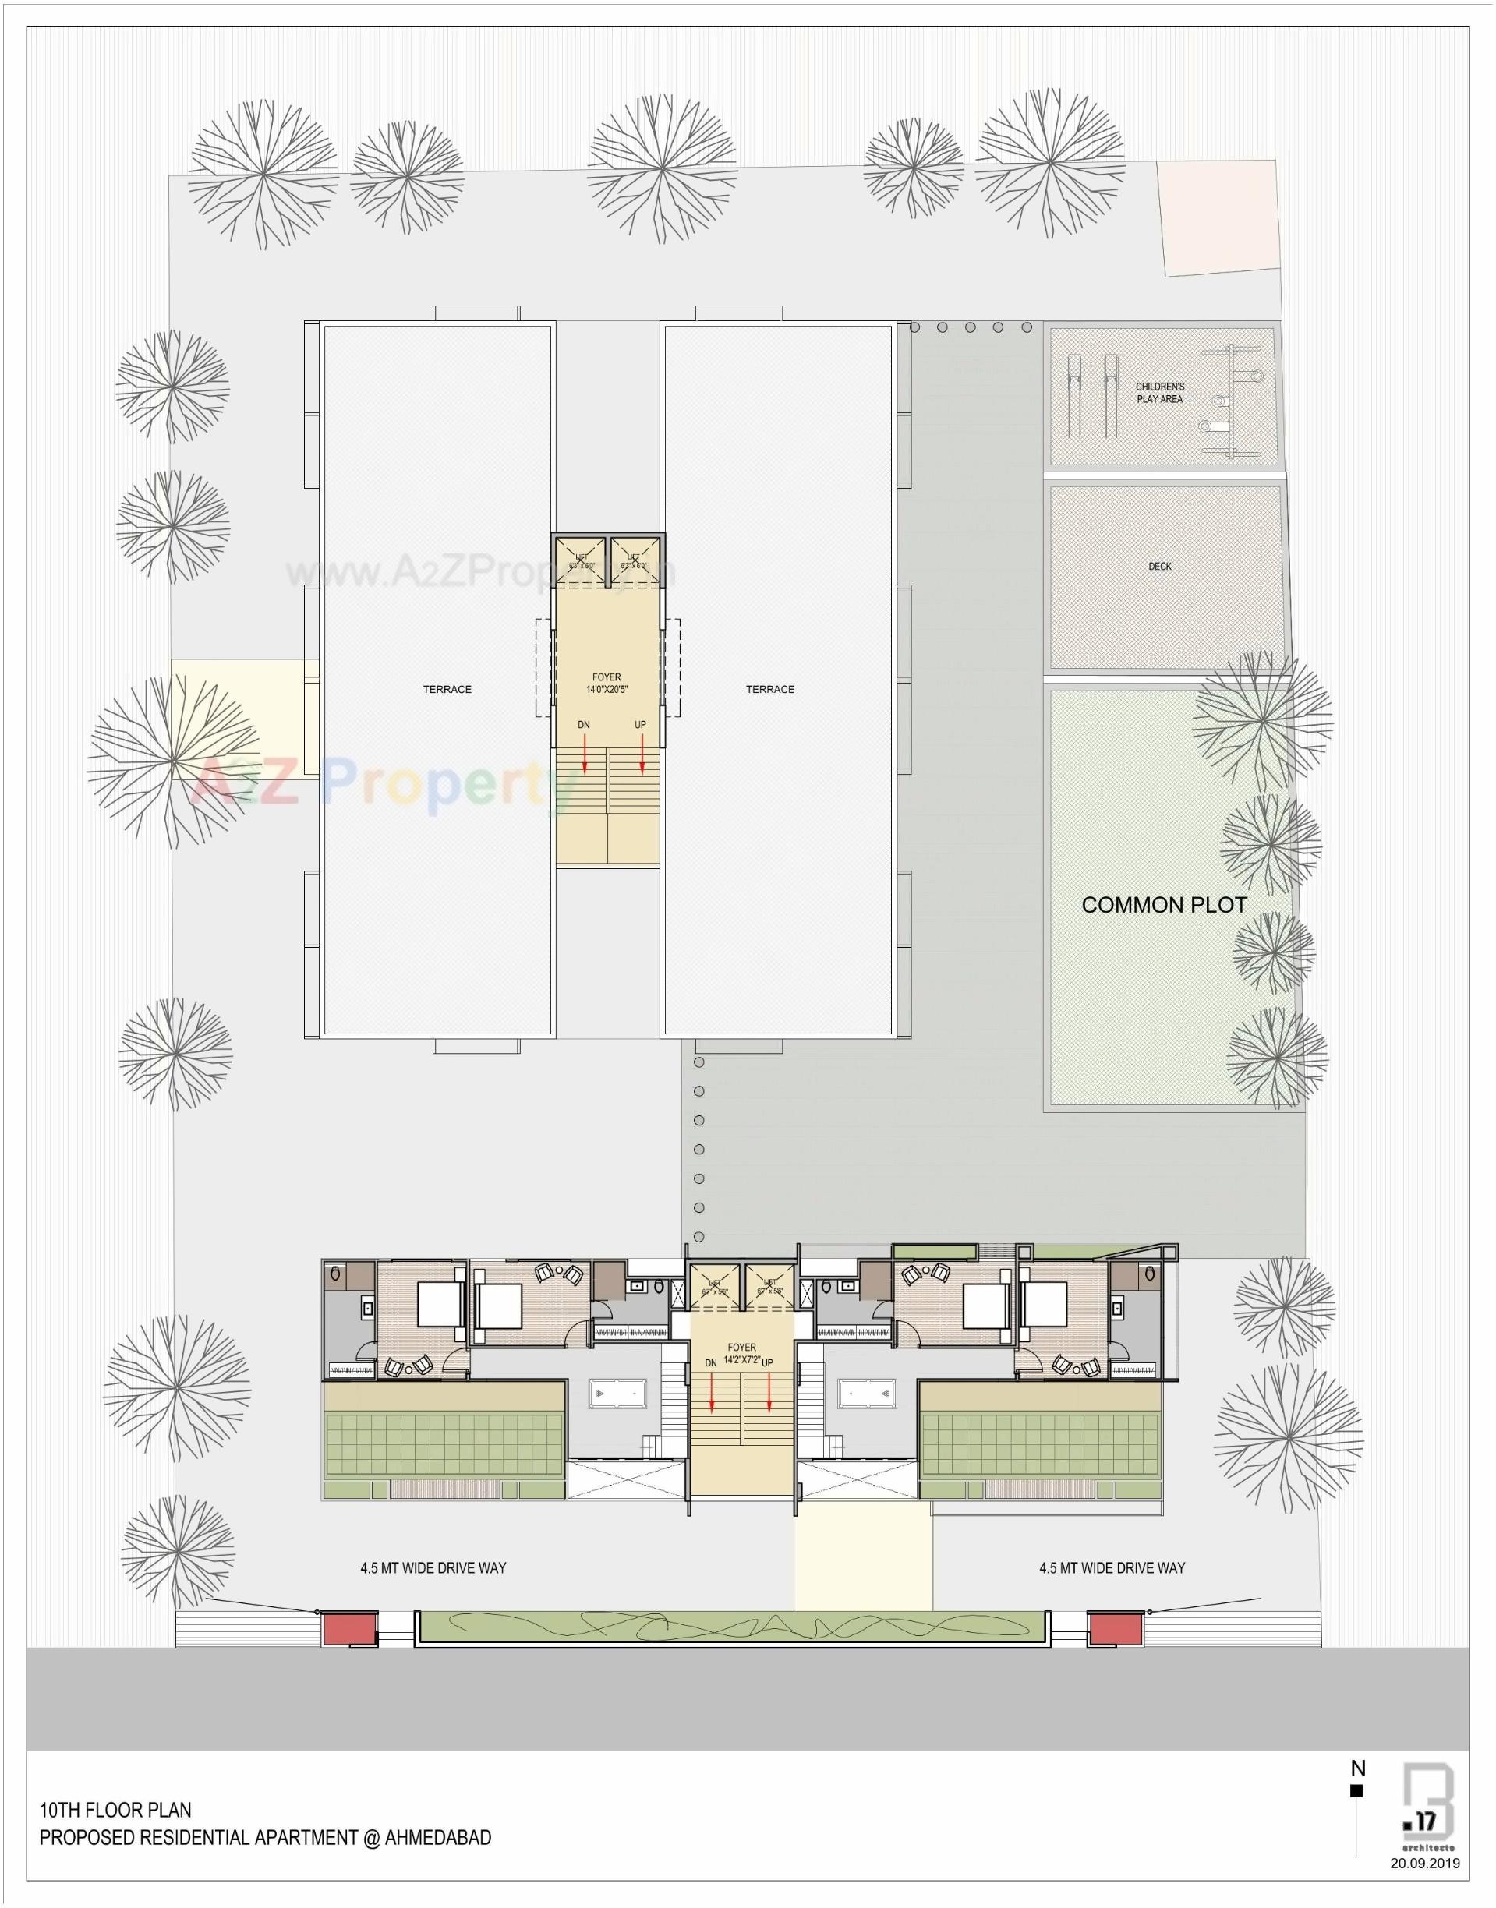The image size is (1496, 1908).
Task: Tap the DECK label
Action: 1160,567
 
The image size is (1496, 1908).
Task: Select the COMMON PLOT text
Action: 1163,906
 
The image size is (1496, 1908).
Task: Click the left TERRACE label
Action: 447,689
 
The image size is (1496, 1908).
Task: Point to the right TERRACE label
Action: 770,689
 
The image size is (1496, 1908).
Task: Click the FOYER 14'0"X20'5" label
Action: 606,683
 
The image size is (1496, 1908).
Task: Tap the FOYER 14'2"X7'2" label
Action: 742,1354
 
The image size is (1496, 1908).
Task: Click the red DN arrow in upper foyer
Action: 584,752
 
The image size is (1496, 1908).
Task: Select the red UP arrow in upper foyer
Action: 642,752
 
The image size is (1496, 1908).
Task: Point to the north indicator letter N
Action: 1357,1768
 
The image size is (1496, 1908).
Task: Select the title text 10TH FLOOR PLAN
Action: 115,1809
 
